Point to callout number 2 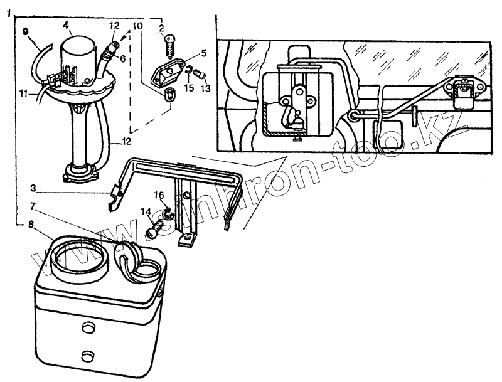tap(161, 28)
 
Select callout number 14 tap(146, 212)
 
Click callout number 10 tap(138, 26)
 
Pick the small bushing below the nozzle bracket tap(168, 95)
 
